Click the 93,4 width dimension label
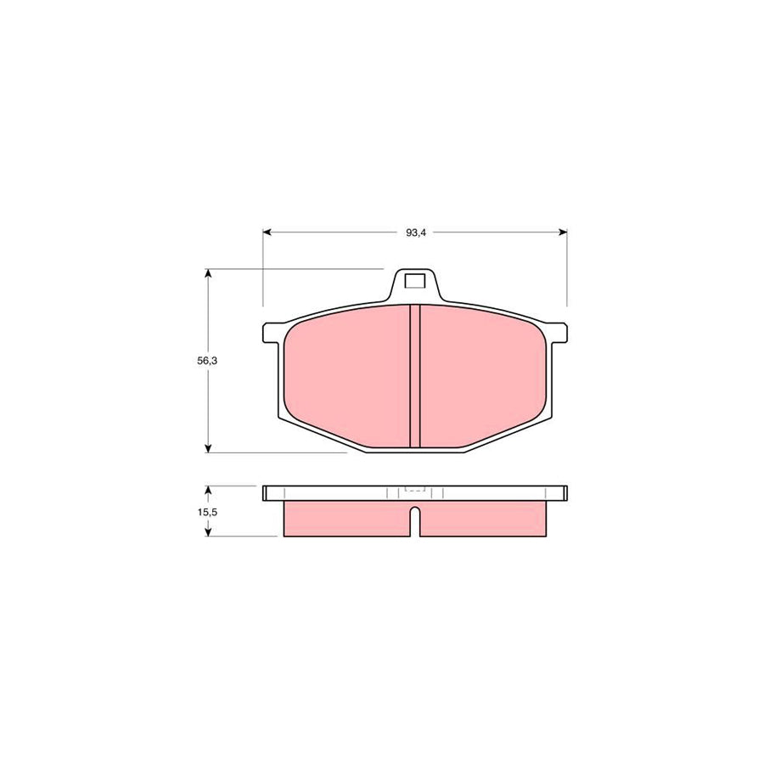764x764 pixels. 415,233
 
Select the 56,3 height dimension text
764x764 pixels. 208,361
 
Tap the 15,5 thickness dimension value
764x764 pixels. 208,512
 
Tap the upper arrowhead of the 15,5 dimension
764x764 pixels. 208,490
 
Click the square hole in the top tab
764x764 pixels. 415,281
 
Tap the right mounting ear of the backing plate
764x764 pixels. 559,333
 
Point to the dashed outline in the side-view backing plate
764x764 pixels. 415,490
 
